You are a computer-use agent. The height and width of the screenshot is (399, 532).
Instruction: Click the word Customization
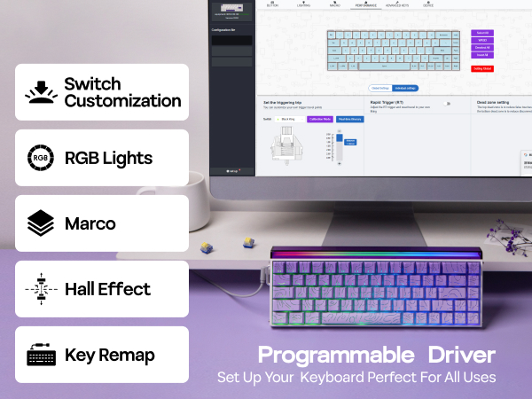click(x=122, y=101)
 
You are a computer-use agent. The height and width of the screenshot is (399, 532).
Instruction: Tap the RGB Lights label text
click(x=108, y=159)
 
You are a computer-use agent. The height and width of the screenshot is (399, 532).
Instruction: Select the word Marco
click(x=90, y=223)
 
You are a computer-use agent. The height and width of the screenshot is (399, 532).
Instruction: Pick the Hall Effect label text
click(x=107, y=289)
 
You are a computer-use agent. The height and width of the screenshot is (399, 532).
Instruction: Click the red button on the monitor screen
click(x=481, y=68)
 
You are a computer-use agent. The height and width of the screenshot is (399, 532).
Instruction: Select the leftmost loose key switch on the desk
click(x=206, y=247)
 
